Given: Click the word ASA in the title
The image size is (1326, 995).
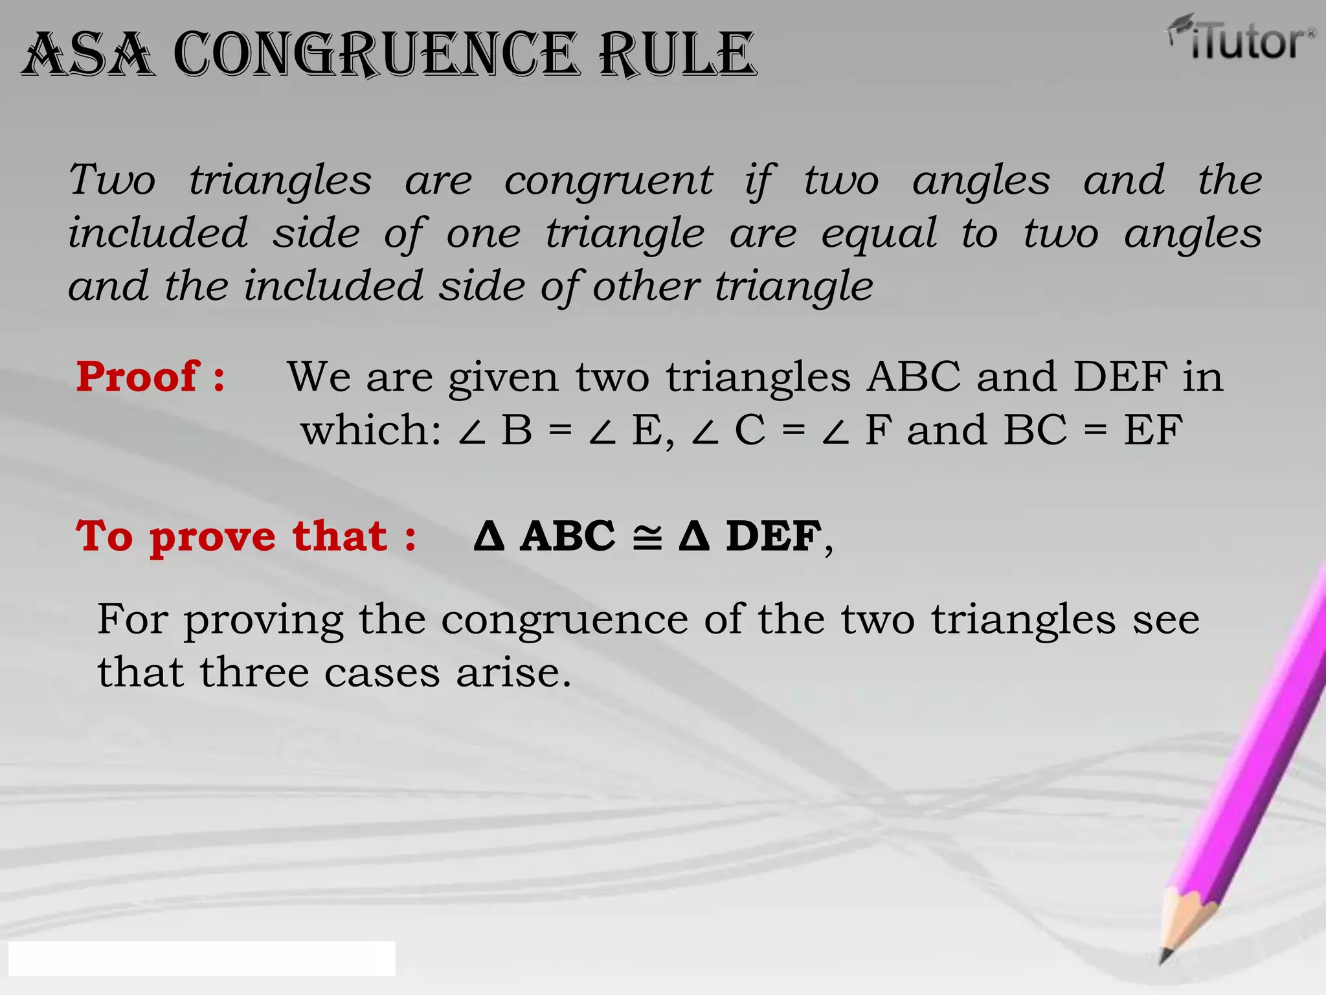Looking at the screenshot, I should pyautogui.click(x=88, y=54).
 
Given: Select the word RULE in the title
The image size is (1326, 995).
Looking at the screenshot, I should pyautogui.click(x=677, y=54).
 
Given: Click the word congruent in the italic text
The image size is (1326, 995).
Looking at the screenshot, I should pyautogui.click(x=608, y=181).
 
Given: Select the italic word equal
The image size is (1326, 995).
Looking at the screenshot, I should pyautogui.click(x=879, y=234).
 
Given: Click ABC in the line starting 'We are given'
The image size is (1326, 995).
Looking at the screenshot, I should pyautogui.click(x=913, y=376).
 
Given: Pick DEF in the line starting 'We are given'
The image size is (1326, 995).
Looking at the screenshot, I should pyautogui.click(x=1120, y=376).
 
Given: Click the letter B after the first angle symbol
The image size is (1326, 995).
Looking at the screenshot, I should pyautogui.click(x=517, y=429).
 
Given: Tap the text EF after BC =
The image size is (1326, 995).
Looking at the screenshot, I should pyautogui.click(x=1153, y=429).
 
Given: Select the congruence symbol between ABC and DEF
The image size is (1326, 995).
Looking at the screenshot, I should pyautogui.click(x=647, y=538).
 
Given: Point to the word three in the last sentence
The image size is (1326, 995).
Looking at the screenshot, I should pyautogui.click(x=254, y=672).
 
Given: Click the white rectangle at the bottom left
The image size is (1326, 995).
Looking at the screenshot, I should pyautogui.click(x=201, y=959).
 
